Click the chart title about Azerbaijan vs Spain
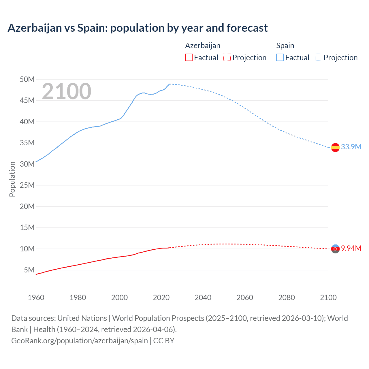(x=138, y=28)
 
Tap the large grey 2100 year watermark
(x=67, y=91)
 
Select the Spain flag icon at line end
(x=335, y=147)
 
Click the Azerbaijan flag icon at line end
(x=335, y=249)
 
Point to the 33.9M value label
(x=351, y=147)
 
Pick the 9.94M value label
(x=351, y=248)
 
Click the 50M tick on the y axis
(x=27, y=79)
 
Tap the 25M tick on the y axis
(x=27, y=185)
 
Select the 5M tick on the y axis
(x=29, y=270)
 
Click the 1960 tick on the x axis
(x=36, y=298)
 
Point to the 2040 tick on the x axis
(x=203, y=298)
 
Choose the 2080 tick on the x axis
(x=287, y=298)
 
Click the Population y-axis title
(x=12, y=179)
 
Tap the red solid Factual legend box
(x=189, y=58)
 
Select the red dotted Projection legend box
(x=227, y=58)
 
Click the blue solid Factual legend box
(x=280, y=58)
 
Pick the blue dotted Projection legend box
(x=318, y=58)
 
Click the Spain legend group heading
(x=285, y=46)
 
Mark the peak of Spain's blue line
(x=170, y=84)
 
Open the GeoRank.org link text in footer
(x=80, y=341)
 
